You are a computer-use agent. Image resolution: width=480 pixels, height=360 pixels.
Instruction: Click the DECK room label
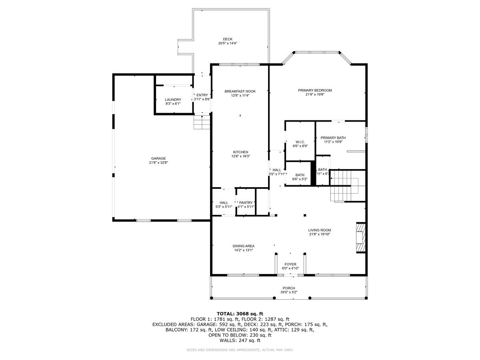click(228, 39)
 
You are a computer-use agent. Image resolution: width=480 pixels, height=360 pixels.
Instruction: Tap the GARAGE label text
click(158, 158)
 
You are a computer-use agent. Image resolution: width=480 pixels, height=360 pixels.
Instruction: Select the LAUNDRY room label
click(173, 100)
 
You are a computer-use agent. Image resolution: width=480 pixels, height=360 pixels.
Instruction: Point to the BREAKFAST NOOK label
click(240, 91)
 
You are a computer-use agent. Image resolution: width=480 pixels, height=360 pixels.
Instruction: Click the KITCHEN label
click(241, 152)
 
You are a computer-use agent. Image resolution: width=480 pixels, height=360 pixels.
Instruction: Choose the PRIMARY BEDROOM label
click(315, 90)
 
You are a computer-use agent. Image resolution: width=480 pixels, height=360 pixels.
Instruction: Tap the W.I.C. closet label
click(301, 142)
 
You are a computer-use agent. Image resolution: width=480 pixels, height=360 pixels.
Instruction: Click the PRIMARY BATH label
click(333, 138)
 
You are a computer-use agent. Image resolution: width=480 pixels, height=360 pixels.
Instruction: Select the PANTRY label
click(246, 203)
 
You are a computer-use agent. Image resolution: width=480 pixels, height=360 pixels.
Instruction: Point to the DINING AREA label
click(244, 246)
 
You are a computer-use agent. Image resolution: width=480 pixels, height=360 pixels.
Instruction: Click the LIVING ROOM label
click(319, 230)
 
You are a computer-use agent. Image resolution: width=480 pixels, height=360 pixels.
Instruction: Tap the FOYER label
click(290, 264)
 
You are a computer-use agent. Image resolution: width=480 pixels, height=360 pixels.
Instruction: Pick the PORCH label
click(289, 288)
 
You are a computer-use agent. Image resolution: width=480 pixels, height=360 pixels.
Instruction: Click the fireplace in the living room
click(361, 238)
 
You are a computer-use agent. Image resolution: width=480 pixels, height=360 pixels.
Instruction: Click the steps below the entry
click(202, 122)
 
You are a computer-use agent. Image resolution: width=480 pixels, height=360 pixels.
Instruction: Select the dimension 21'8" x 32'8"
click(158, 163)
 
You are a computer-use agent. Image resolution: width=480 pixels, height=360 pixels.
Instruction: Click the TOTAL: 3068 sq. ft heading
click(240, 314)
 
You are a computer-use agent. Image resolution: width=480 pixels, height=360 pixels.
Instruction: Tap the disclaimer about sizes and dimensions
click(240, 350)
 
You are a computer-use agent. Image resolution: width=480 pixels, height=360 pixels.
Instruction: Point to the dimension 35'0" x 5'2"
click(289, 292)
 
